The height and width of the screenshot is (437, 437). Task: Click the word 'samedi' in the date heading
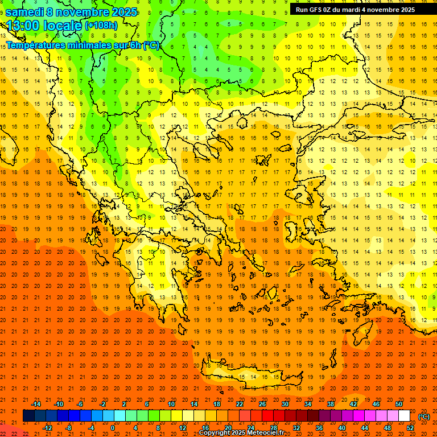(x=24, y=11)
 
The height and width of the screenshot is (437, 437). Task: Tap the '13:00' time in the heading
(x=23, y=26)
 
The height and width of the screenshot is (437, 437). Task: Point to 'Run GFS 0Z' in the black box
(x=314, y=10)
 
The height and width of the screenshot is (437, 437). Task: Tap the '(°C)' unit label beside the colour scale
(x=424, y=417)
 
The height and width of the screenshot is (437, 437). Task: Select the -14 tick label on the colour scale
(x=36, y=404)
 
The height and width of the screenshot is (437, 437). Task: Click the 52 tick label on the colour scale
(x=410, y=428)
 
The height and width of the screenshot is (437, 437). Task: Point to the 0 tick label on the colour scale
(x=113, y=428)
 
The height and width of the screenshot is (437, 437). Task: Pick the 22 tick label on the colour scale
(x=240, y=404)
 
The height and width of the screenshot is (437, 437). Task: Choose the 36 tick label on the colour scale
(x=319, y=428)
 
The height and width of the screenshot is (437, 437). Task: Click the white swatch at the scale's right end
(x=405, y=416)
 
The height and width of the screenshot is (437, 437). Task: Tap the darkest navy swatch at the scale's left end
(x=29, y=416)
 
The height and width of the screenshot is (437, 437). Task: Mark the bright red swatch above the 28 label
(x=268, y=416)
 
